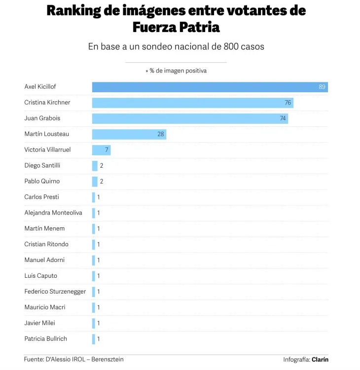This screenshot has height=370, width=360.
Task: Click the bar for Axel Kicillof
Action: (210, 87)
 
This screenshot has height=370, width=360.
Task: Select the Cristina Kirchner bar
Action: (192, 103)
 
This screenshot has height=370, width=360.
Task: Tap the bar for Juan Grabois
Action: (190, 118)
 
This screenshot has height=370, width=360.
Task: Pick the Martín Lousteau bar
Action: (129, 134)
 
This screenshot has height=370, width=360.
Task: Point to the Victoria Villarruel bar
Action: (101, 150)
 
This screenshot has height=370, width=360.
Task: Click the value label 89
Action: (322, 87)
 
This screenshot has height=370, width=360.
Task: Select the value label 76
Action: (288, 103)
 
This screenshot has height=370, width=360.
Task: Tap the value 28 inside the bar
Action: (161, 134)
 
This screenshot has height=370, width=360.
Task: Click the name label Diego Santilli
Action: (42, 165)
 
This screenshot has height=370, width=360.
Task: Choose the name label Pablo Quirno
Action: (42, 181)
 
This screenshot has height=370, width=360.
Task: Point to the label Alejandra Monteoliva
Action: (53, 213)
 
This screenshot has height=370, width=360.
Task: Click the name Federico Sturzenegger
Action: (55, 292)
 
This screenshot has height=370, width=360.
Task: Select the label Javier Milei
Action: (39, 323)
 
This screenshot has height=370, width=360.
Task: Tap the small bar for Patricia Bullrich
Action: (94, 339)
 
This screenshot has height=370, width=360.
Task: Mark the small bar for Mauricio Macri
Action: (94, 307)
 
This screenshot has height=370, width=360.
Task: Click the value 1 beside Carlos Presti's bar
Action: (99, 197)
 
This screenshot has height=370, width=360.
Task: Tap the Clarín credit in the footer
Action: (320, 360)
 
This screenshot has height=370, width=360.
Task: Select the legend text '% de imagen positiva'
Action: (178, 71)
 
